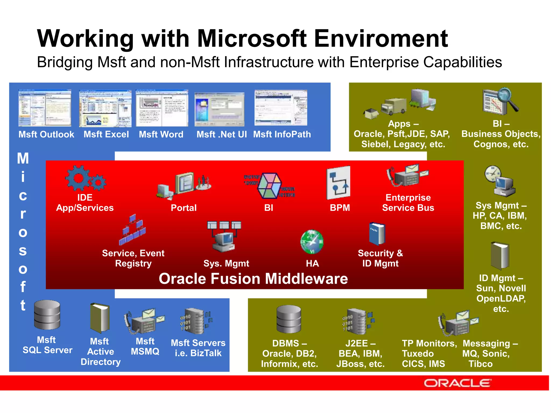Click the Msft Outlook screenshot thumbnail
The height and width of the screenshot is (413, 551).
click(x=45, y=108)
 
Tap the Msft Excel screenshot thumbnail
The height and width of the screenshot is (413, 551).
click(x=105, y=109)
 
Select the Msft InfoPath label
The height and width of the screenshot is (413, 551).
click(x=282, y=134)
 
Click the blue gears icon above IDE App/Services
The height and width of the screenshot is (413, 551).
click(x=85, y=178)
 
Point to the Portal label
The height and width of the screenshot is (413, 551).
click(x=183, y=208)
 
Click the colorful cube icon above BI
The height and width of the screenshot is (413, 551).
click(x=269, y=186)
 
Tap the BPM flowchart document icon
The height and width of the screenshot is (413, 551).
click(x=338, y=183)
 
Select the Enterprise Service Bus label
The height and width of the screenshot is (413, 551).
click(x=408, y=202)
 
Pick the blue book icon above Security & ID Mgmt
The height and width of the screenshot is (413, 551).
click(x=377, y=233)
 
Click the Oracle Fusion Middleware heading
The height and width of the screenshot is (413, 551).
click(x=253, y=279)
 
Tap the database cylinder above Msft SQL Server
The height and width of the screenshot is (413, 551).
click(x=47, y=315)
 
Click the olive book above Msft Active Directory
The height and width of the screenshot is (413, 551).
click(x=100, y=318)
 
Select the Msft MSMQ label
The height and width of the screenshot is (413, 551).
click(x=145, y=346)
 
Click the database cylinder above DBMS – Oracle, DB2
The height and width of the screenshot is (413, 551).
click(x=289, y=319)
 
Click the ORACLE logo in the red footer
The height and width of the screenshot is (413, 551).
click(x=457, y=383)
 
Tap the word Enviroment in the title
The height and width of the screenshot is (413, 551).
click(x=381, y=38)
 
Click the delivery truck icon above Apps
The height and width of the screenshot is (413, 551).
click(x=393, y=106)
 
